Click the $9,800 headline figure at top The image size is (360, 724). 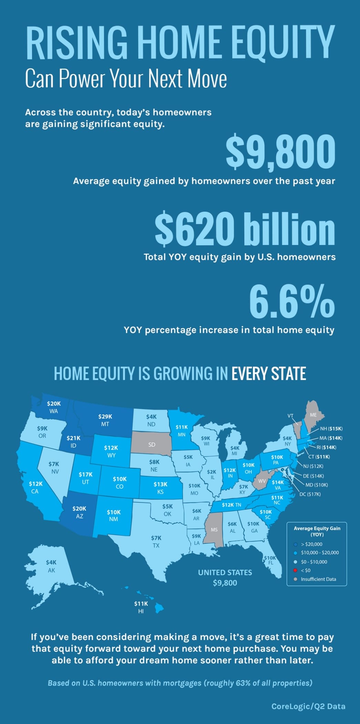coord(280,152)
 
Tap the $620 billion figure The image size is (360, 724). coord(245,228)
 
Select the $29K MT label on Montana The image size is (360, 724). coord(105,420)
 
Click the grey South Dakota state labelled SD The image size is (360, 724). coord(152,445)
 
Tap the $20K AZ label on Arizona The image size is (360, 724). coord(79,512)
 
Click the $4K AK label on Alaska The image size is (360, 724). coord(51,566)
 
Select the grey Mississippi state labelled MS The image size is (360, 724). coord(214,530)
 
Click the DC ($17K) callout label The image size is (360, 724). coord(310,494)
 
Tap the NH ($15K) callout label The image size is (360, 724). coord(331,429)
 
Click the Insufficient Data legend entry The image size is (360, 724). coord(318,579)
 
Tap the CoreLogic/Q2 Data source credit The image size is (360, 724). coord(308,706)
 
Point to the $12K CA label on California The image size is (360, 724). coord(35,487)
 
